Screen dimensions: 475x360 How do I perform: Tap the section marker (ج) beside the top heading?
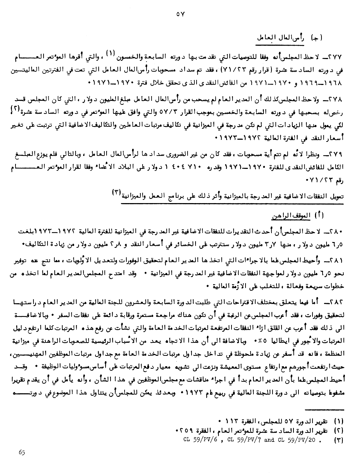click(x=318, y=38)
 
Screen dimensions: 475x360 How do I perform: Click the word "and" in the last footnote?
click(x=269, y=439)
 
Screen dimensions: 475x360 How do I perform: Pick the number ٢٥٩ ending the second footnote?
click(x=183, y=430)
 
